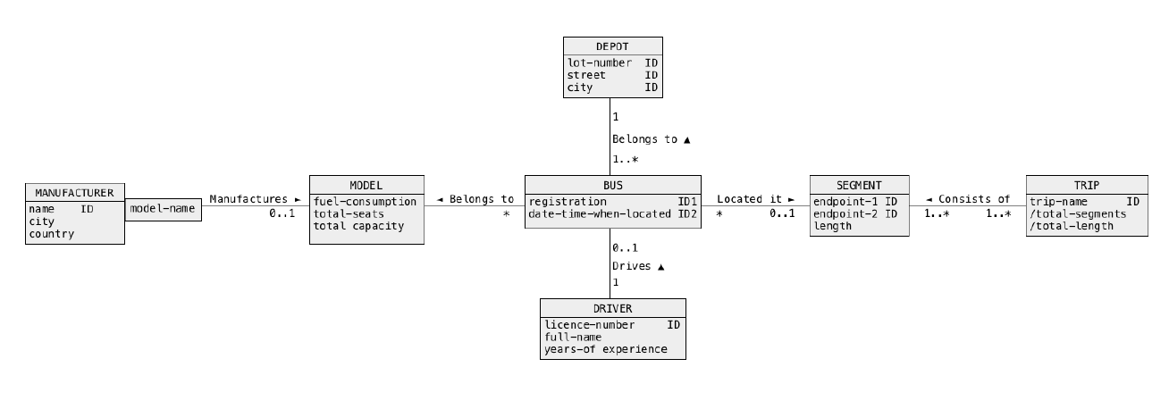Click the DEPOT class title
pyautogui.click(x=612, y=46)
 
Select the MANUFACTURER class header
pyautogui.click(x=74, y=192)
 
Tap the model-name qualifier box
pyautogui.click(x=163, y=207)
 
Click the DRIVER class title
pyautogui.click(x=612, y=309)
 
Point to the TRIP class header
pyautogui.click(x=1087, y=185)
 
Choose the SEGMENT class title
pyautogui.click(x=858, y=185)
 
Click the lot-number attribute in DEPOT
pyautogui.click(x=600, y=63)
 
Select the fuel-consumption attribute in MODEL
pyautogui.click(x=365, y=201)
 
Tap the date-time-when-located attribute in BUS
pyautogui.click(x=599, y=213)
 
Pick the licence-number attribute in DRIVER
pyautogui.click(x=590, y=325)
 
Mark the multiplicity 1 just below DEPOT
pyautogui.click(x=616, y=117)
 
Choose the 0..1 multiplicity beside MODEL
pyautogui.click(x=282, y=215)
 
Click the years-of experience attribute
pyautogui.click(x=605, y=349)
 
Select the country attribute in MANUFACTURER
pyautogui.click(x=51, y=234)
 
